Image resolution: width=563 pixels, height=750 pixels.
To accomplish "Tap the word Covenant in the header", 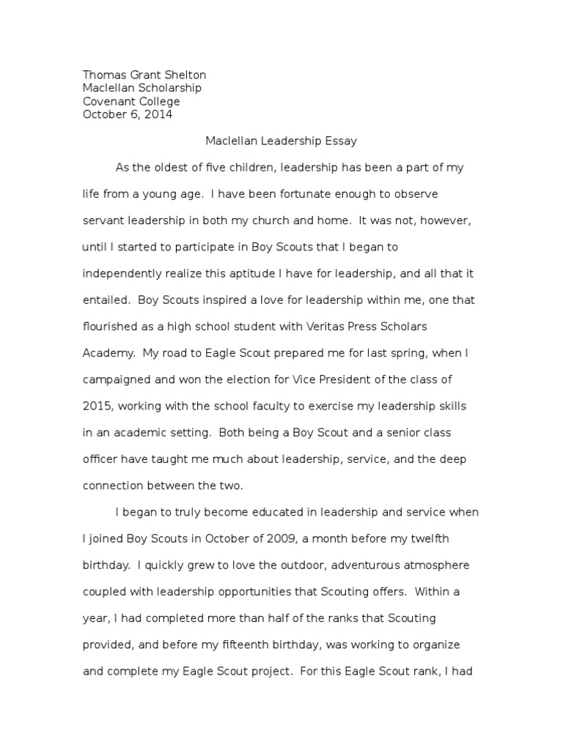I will (x=110, y=101).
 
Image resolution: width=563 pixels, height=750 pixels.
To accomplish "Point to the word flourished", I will (x=111, y=326).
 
